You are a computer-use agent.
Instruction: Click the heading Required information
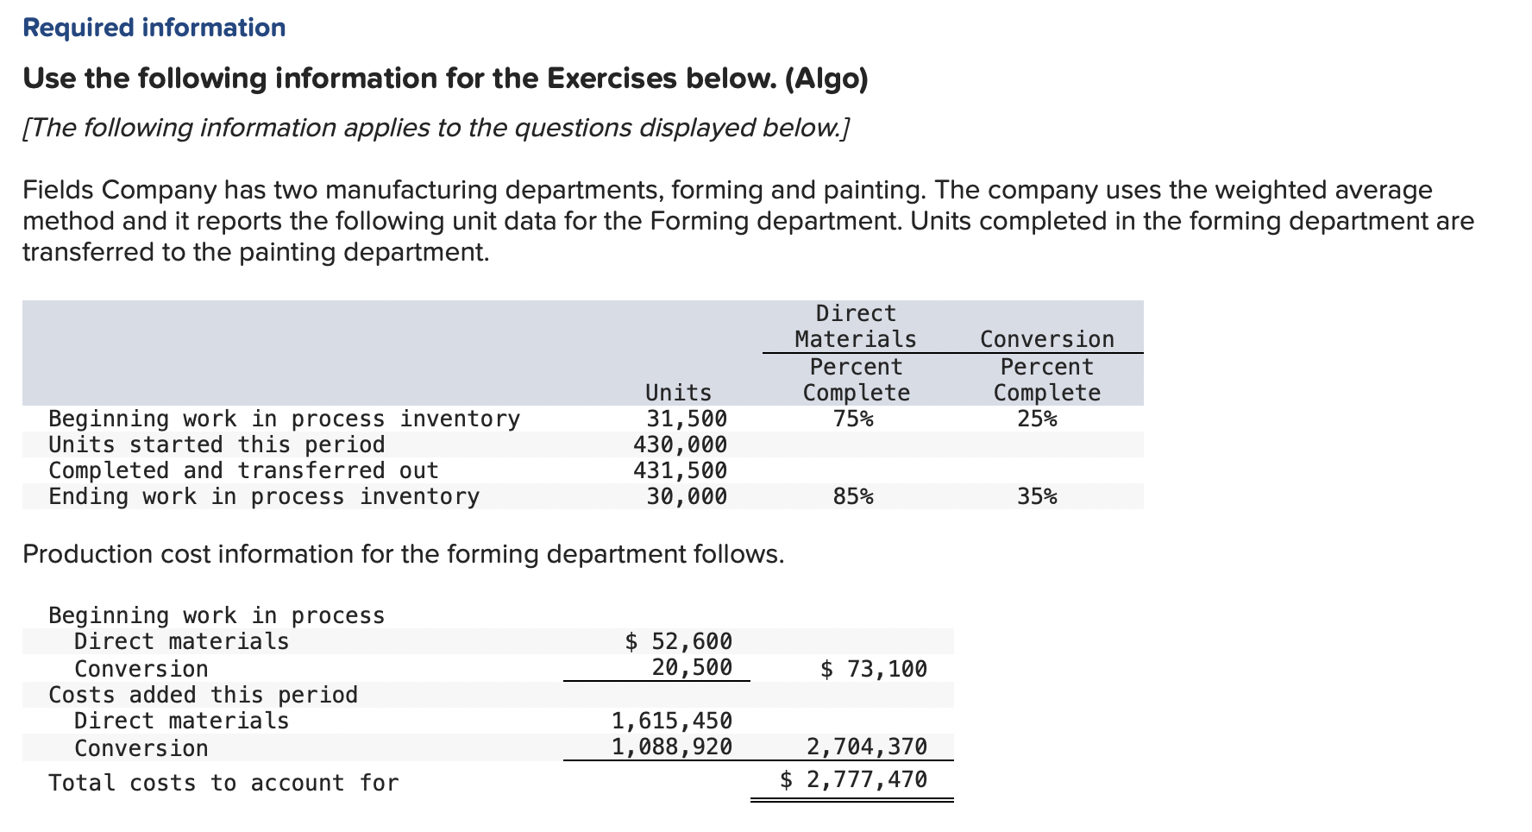[x=154, y=28]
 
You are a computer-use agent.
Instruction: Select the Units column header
[x=678, y=393]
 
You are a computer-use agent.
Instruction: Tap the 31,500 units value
[x=687, y=419]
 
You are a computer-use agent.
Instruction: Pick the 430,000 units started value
[x=680, y=444]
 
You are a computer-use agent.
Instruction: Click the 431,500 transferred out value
[x=680, y=470]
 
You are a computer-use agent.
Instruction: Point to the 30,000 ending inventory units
[x=687, y=496]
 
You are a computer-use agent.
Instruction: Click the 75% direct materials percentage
[x=853, y=419]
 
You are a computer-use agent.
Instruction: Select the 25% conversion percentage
[x=1037, y=419]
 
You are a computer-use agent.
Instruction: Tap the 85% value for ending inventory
[x=853, y=496]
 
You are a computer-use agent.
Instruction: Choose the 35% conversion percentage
[x=1037, y=496]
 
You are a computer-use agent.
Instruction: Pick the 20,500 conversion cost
[x=692, y=667]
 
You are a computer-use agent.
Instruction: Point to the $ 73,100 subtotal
[x=873, y=669]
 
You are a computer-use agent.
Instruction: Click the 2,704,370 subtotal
[x=866, y=747]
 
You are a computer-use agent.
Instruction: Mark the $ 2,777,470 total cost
[x=853, y=779]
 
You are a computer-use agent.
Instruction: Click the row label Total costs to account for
[x=223, y=783]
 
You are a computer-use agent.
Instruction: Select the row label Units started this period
[x=217, y=444]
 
